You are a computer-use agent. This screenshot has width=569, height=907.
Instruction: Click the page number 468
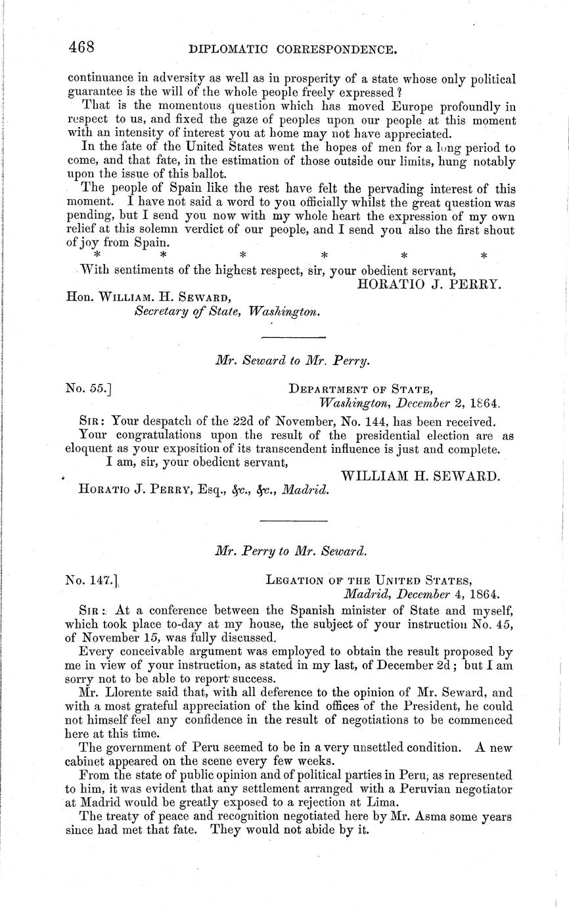(x=82, y=47)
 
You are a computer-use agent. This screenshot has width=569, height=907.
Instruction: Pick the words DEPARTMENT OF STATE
(x=361, y=389)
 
